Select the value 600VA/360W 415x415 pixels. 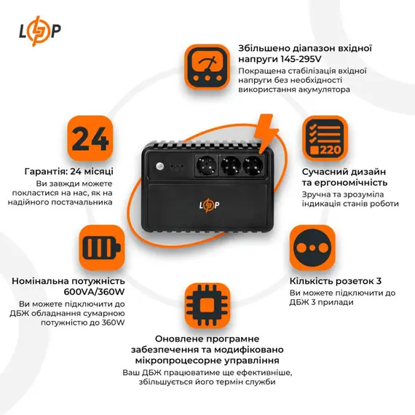[x=78, y=291]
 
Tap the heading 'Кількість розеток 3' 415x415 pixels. [x=335, y=280]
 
